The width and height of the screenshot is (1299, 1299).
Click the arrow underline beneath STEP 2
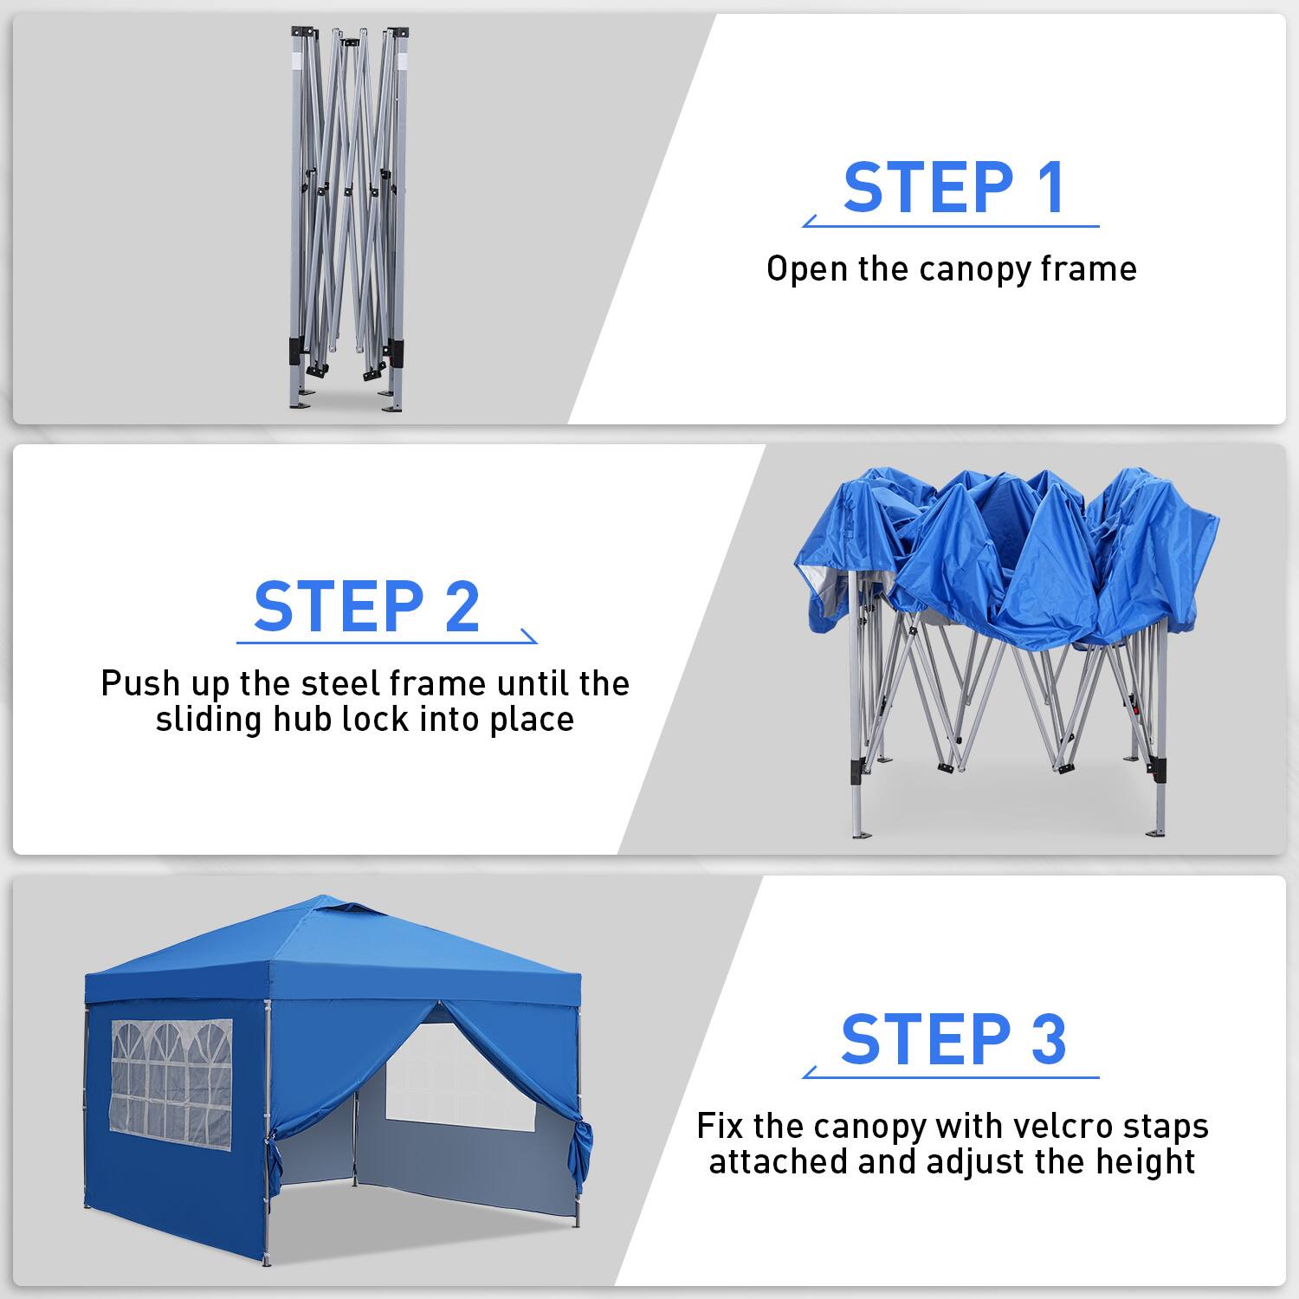click(386, 642)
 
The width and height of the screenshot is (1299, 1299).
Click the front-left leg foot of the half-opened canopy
click(859, 835)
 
